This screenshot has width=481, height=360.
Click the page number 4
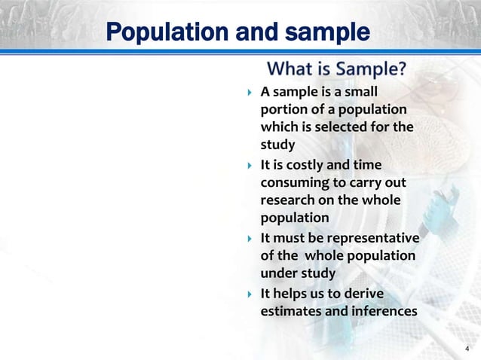(x=467, y=348)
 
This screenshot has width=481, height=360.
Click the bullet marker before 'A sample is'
(x=249, y=93)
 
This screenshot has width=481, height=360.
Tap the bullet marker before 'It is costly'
(x=249, y=165)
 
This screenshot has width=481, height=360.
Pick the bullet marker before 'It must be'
(x=249, y=238)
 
